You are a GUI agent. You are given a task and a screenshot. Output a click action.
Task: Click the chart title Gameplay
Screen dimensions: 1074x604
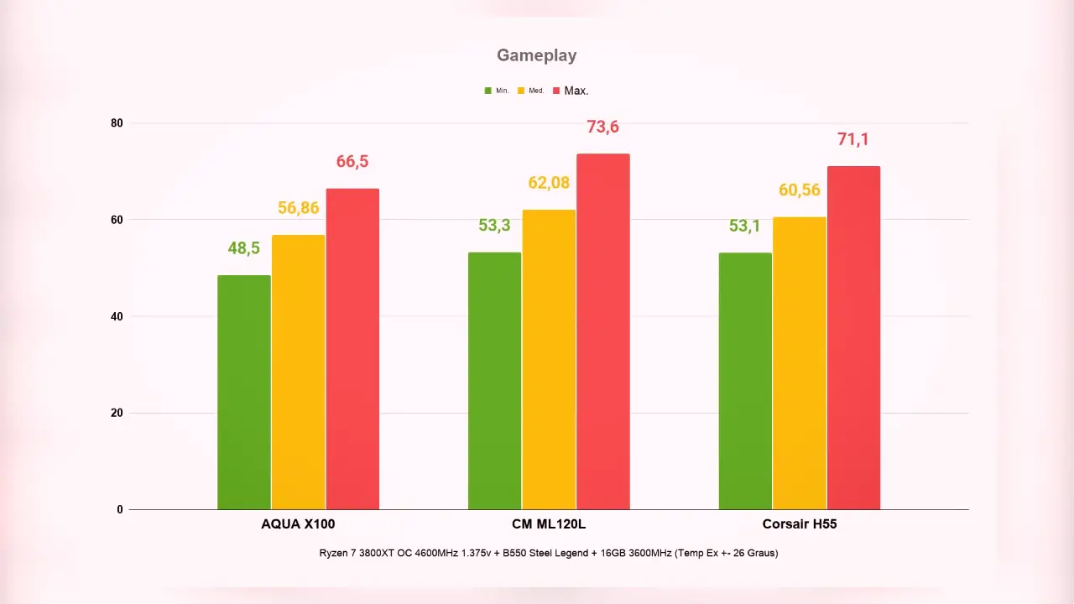[x=536, y=55]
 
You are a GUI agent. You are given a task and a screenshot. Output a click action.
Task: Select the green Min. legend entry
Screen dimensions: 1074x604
[x=497, y=91]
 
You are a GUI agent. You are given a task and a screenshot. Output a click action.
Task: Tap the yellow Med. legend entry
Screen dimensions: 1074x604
[x=531, y=91]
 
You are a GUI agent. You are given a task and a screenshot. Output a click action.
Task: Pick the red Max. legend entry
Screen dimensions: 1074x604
[x=571, y=91]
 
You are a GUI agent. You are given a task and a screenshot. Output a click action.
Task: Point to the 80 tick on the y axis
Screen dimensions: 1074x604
[x=117, y=123]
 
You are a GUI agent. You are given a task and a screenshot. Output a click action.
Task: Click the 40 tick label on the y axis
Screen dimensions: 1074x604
[x=117, y=316]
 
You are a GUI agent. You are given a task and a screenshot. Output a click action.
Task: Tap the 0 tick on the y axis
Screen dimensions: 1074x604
[x=120, y=509]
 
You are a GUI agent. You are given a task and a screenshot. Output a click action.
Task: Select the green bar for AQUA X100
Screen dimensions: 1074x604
[x=244, y=392]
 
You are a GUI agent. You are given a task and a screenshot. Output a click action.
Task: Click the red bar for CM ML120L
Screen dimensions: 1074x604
[x=603, y=331]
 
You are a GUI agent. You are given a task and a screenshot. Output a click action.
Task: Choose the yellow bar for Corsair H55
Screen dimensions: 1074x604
[x=800, y=363]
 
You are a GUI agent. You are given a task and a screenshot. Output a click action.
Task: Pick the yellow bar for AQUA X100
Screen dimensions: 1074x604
[x=298, y=372]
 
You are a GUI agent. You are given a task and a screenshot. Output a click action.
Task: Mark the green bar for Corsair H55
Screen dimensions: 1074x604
[x=745, y=381]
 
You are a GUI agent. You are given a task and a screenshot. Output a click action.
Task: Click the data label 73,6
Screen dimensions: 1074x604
[x=602, y=127]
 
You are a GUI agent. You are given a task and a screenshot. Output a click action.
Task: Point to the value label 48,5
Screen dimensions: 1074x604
[x=243, y=248]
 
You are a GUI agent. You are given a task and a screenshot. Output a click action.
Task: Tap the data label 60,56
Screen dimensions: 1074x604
[x=800, y=190]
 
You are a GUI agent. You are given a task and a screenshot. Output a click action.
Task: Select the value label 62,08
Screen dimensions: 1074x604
[x=549, y=183]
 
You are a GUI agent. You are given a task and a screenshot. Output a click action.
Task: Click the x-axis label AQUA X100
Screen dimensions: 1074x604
[x=298, y=524]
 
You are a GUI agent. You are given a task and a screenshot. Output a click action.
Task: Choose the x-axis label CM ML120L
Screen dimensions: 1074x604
[x=549, y=524]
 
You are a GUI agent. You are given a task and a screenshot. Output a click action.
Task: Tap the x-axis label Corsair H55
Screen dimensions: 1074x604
[x=800, y=524]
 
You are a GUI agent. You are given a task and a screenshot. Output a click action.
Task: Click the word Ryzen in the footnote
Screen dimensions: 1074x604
[x=334, y=553]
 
